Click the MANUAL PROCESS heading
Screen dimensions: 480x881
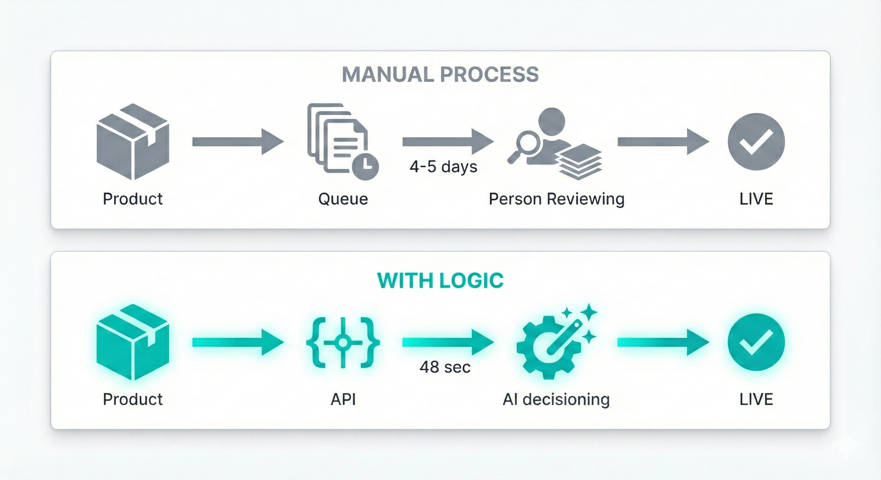point(440,74)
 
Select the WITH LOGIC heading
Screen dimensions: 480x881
point(440,281)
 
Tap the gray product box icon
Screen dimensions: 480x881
point(133,142)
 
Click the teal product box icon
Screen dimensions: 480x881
point(133,342)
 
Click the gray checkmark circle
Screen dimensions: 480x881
point(756,142)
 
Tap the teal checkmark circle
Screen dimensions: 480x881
point(756,342)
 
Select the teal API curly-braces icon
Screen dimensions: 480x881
point(343,342)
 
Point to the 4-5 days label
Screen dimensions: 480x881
point(443,167)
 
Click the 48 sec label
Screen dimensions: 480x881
point(445,367)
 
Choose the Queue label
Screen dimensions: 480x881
point(343,199)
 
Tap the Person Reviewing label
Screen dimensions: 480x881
point(557,199)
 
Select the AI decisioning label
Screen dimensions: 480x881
point(556,399)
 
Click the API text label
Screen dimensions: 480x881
point(343,399)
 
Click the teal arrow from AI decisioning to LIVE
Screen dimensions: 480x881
point(663,342)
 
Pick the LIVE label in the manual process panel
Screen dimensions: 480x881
point(756,199)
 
